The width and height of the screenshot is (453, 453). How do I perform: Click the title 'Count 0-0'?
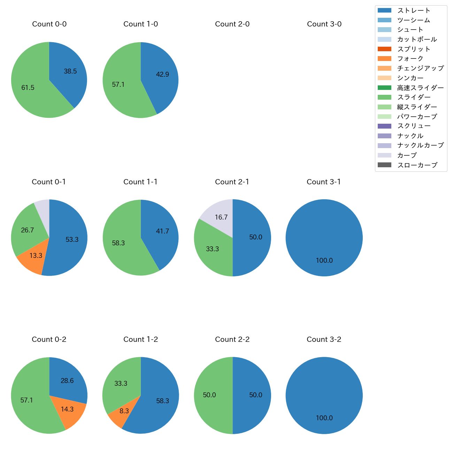[49, 24]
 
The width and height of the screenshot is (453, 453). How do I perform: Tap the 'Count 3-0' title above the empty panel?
[324, 24]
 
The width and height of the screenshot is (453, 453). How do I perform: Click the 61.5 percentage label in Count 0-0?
[28, 88]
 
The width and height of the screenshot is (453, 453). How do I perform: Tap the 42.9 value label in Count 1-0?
[162, 75]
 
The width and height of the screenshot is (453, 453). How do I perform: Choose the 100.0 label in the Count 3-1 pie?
[324, 260]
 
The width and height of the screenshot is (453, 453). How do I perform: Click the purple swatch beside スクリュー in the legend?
[384, 126]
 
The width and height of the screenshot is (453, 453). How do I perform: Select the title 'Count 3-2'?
[324, 339]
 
